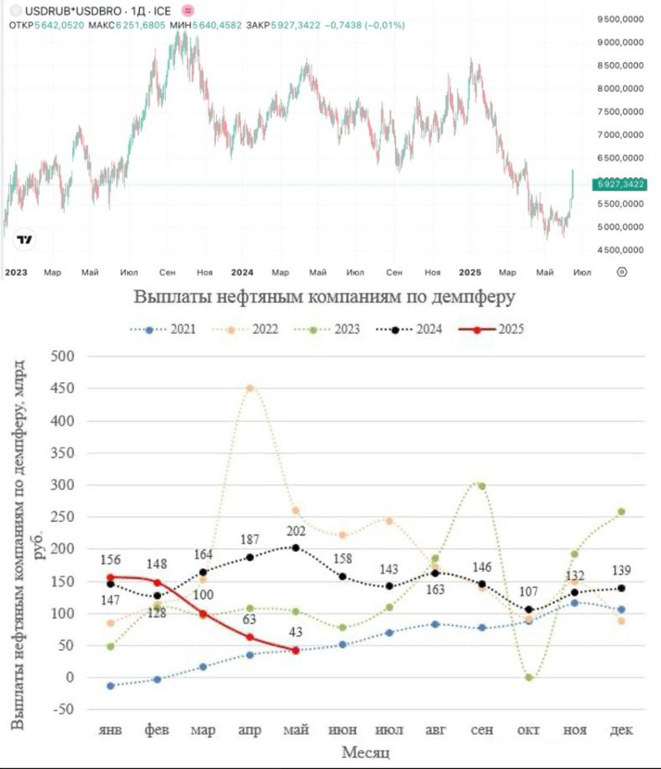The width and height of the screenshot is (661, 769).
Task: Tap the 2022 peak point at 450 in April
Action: coord(250,388)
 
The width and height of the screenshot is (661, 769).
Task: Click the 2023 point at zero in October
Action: coord(529,677)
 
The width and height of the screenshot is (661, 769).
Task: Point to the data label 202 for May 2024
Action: coord(295,532)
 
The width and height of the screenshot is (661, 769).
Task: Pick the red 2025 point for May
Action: coord(295,650)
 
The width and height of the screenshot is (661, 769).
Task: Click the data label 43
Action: coord(295,633)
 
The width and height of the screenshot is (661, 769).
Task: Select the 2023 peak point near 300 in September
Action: coord(482,486)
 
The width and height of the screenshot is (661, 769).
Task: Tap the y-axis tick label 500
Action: coord(63,356)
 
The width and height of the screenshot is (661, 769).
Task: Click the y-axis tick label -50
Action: coord(63,710)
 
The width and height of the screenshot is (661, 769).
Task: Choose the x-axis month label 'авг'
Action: coord(435,731)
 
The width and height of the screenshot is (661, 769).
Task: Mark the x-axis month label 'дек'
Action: coord(621,731)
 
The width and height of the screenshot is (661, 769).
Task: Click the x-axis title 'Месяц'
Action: coord(366,752)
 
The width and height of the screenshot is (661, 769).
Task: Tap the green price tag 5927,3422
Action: coord(621,184)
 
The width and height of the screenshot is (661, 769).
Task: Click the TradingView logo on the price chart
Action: coord(25,240)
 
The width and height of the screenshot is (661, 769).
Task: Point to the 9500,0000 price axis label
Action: coord(620,19)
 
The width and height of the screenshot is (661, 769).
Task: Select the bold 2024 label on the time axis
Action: coord(242,272)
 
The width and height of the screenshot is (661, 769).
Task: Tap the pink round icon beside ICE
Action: coord(188,11)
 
